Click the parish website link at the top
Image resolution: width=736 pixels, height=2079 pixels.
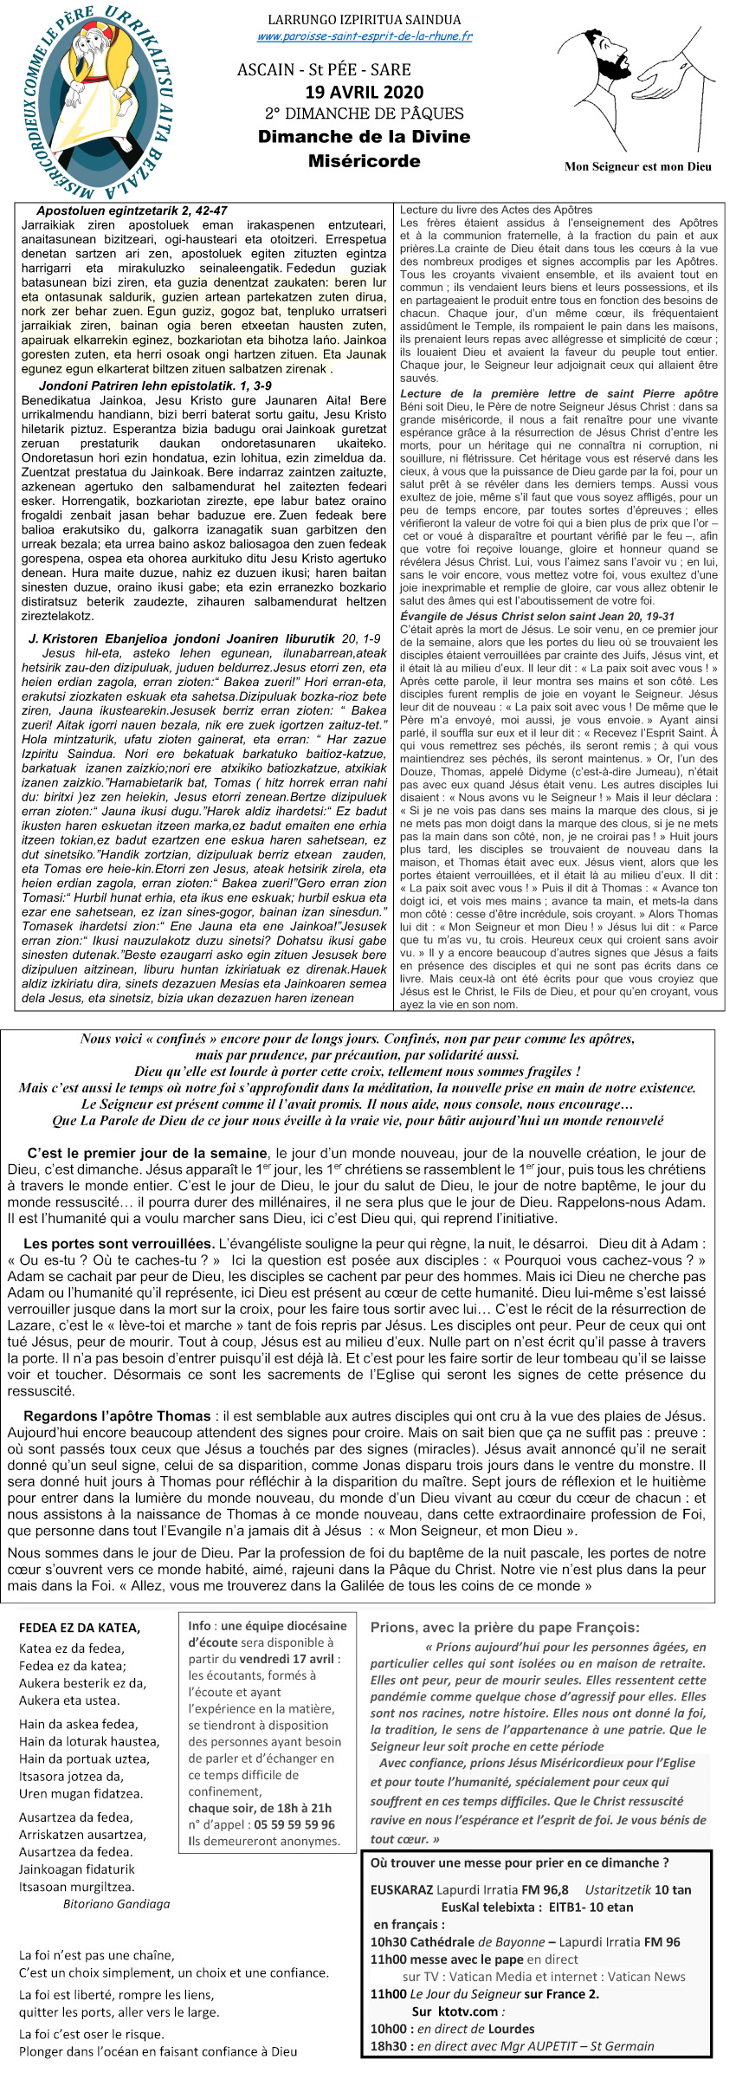coord(365,36)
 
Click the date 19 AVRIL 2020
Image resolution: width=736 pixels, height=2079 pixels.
coord(364,92)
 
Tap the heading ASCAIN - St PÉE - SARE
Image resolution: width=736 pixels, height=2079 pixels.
coord(324,69)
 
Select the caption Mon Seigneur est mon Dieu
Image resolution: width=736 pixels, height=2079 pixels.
coord(637,166)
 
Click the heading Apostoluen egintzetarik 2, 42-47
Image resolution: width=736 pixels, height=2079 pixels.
coord(132,210)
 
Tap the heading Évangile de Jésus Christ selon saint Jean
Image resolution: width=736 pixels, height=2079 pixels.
coord(537,616)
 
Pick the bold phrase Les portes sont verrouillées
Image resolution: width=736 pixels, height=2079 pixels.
coord(119,1243)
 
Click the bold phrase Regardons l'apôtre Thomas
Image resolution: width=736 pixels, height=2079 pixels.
coord(117,1415)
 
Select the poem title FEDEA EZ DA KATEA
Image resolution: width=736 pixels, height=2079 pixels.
coord(80,1628)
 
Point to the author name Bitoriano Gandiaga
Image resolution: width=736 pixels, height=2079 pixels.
coord(116,1903)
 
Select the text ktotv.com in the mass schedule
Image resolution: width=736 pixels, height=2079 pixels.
coord(467,2011)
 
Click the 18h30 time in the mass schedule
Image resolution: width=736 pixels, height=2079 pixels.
coord(384,2045)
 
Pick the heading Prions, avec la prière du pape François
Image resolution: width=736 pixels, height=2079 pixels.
coord(505,1627)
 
